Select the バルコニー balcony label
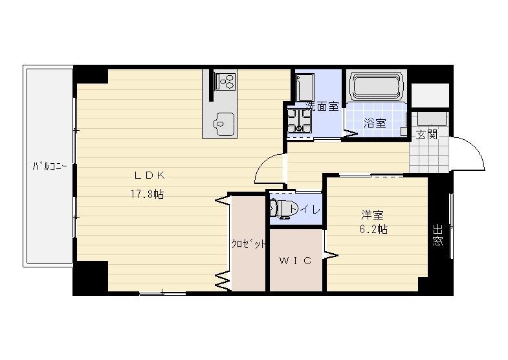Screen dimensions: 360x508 (x=50, y=166)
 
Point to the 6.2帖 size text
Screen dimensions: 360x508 (x=373, y=229)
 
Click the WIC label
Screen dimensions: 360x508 (x=296, y=261)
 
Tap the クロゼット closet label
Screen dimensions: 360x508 (x=249, y=243)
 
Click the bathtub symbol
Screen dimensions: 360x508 (x=377, y=85)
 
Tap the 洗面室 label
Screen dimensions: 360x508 (x=322, y=106)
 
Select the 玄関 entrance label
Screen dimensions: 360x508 (x=426, y=135)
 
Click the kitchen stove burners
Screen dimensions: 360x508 (x=226, y=81)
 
